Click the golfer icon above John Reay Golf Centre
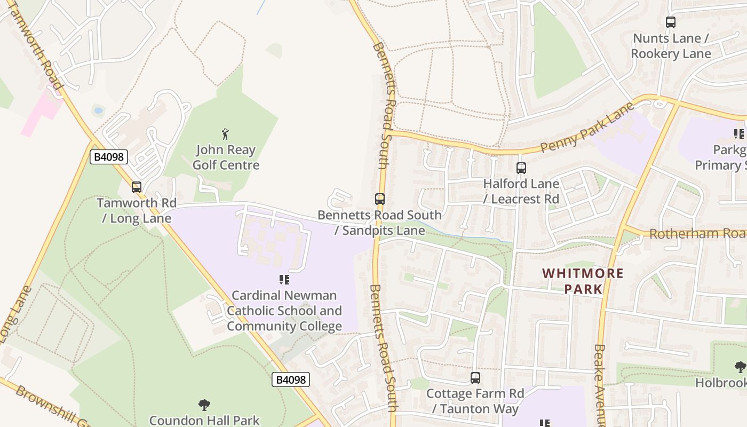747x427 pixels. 225,134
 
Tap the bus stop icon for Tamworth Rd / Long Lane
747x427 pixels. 137,187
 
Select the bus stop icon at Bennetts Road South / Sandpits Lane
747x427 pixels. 379,199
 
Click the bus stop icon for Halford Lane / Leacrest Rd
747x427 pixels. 521,168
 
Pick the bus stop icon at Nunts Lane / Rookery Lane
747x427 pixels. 671,22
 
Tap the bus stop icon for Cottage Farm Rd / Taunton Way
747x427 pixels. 475,378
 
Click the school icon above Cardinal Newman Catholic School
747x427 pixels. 284,279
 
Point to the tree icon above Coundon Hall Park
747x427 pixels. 204,405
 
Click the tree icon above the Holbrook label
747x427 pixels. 740,367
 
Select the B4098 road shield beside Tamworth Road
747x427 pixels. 108,156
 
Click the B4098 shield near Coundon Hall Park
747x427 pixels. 291,379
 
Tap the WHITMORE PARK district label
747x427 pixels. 583,281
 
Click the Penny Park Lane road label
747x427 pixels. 587,128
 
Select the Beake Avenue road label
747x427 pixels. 599,384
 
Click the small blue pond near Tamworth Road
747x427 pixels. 98,111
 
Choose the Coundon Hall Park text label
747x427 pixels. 204,421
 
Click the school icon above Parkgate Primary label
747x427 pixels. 738,133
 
